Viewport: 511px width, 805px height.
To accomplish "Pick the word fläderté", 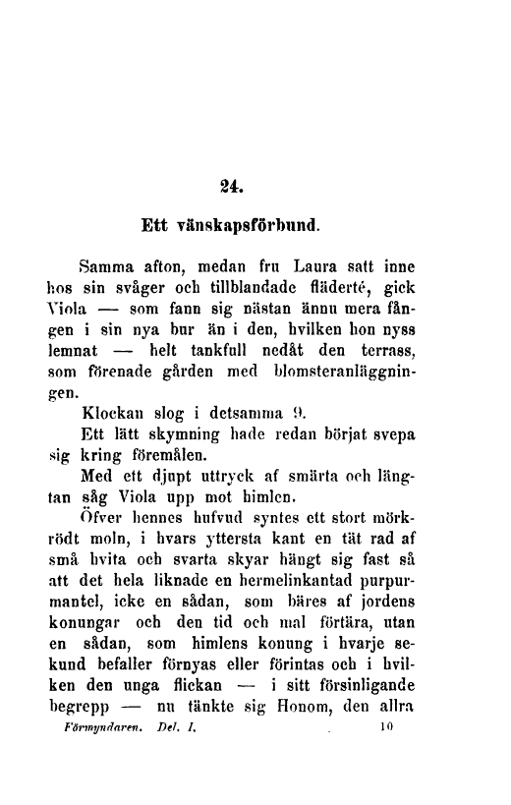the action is tap(365, 291).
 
